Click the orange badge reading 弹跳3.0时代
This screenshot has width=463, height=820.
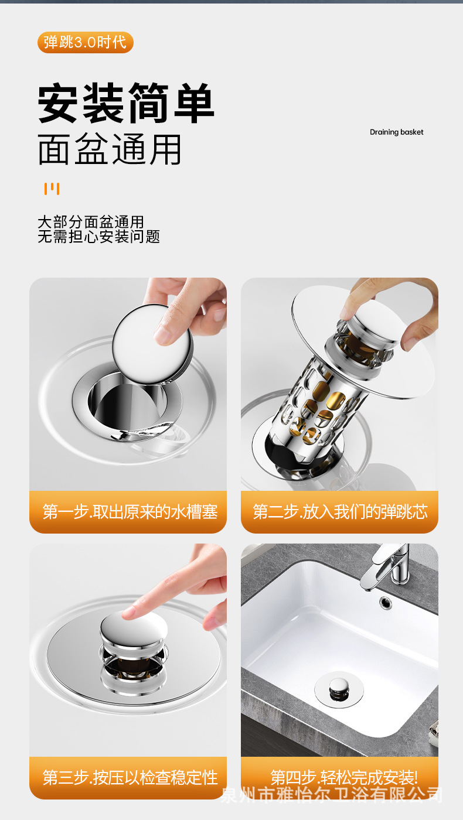(x=86, y=42)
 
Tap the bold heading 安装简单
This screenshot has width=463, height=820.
(x=126, y=103)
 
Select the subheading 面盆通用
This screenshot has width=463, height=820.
(x=110, y=149)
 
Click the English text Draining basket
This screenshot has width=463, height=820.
(x=396, y=132)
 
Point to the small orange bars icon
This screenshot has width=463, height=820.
(x=52, y=189)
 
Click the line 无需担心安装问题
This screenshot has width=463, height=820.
(x=99, y=237)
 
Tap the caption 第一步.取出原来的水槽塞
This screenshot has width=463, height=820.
(x=130, y=511)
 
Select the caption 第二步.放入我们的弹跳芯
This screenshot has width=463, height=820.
(x=341, y=511)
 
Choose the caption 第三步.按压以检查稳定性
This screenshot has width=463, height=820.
(x=130, y=777)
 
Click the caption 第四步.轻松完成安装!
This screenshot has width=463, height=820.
(x=344, y=777)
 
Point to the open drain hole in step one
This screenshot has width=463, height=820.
(x=127, y=403)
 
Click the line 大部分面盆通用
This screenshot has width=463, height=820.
(x=91, y=222)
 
